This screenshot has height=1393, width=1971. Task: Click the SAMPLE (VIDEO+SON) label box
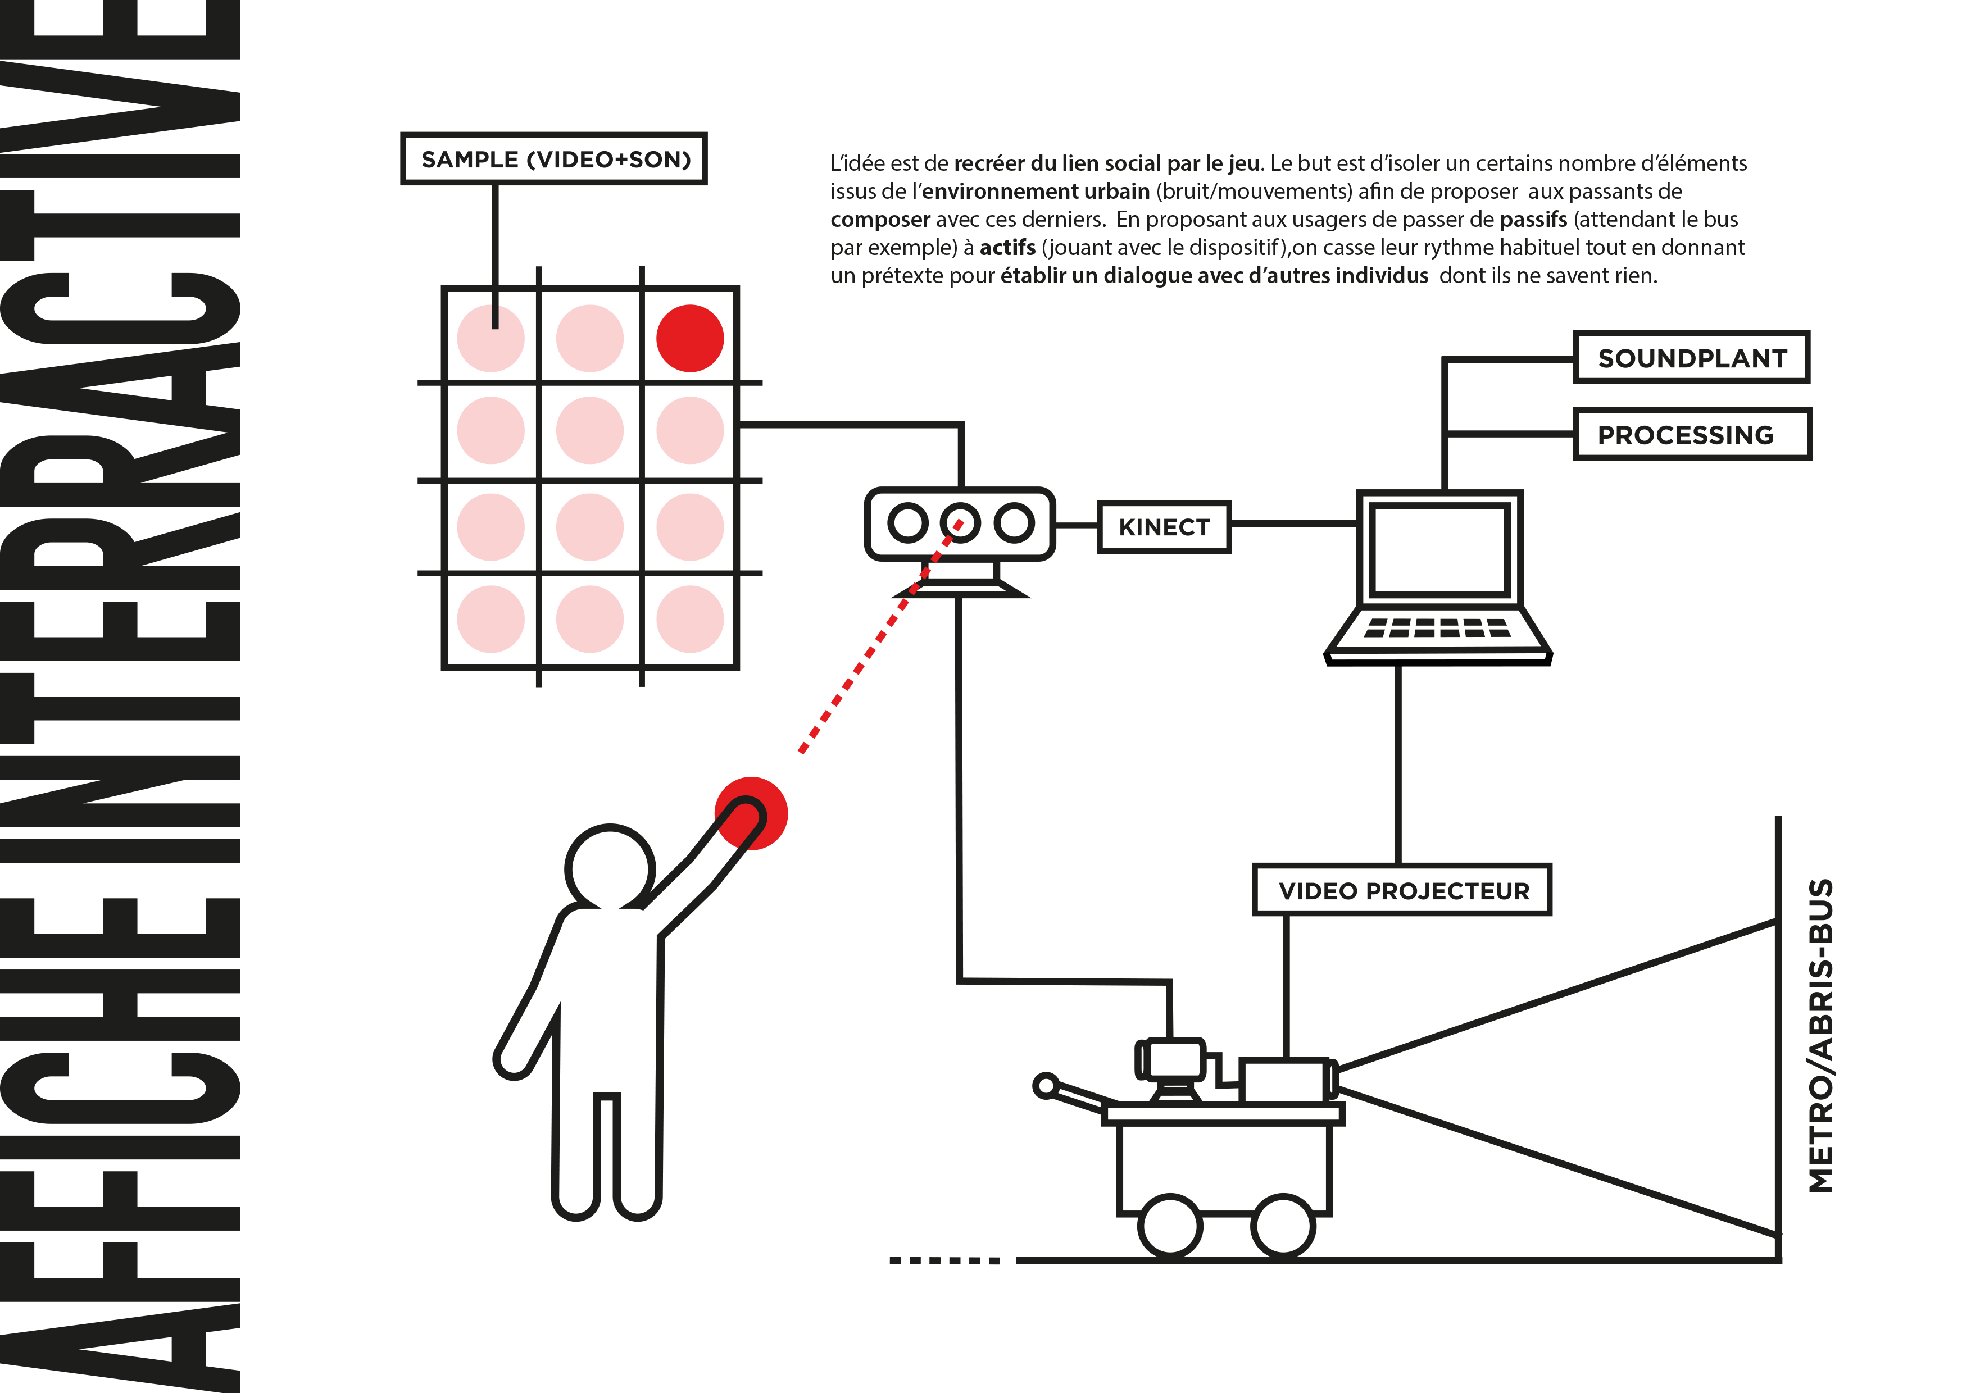(x=553, y=159)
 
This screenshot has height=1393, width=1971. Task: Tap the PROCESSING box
(x=1691, y=434)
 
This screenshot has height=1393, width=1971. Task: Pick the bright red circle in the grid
(x=689, y=338)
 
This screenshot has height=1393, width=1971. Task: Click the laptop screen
(x=1439, y=549)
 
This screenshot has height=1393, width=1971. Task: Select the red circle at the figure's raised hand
(x=751, y=813)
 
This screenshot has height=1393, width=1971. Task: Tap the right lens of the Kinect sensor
(x=1015, y=523)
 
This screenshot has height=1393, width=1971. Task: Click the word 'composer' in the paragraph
(x=880, y=220)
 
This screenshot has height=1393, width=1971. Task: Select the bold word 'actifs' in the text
(x=1007, y=248)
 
